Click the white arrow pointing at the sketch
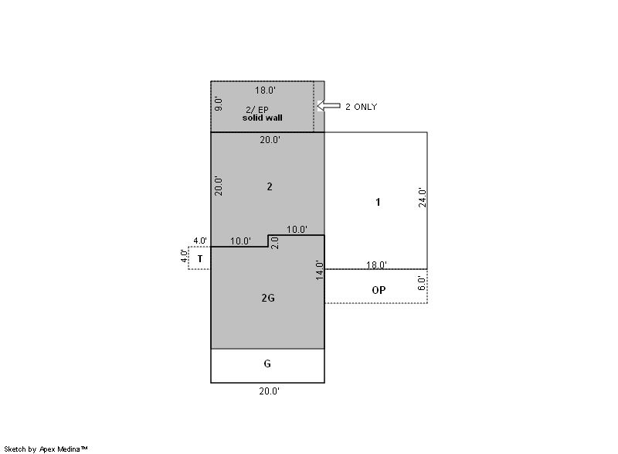(329, 106)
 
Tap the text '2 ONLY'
(361, 107)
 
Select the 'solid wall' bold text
(262, 118)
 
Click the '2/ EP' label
(257, 110)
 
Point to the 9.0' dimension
(219, 104)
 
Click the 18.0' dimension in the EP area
(265, 90)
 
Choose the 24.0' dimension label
(422, 198)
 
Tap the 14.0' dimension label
(320, 270)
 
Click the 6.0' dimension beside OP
(421, 284)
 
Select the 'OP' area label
(379, 290)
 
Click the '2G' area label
(268, 298)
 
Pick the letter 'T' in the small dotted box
(200, 259)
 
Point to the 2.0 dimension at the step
(276, 243)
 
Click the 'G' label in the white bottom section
(267, 364)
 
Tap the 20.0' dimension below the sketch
(269, 391)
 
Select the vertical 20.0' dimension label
(219, 186)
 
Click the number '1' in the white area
(378, 203)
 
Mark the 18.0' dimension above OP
(376, 265)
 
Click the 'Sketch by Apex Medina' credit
(46, 449)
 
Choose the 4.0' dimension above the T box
(200, 241)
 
